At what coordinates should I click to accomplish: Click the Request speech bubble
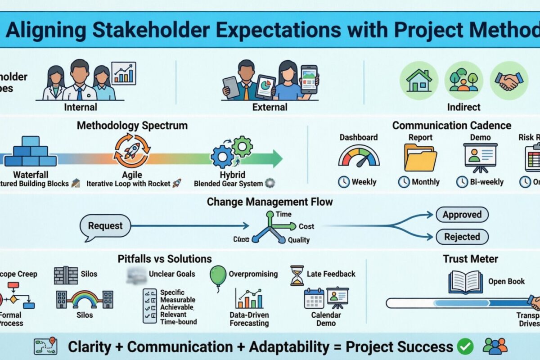tap(105, 226)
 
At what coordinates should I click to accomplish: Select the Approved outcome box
tap(462, 215)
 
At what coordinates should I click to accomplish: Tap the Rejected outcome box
tap(462, 237)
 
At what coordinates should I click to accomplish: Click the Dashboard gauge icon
tap(359, 157)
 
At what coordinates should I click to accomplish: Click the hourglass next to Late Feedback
tap(297, 275)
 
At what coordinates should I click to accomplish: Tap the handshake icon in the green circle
tap(509, 81)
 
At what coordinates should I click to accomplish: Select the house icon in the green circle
tap(418, 81)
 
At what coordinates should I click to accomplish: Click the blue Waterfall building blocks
tap(31, 152)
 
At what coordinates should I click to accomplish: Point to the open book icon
tap(465, 282)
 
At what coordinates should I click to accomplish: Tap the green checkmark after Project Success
tap(465, 346)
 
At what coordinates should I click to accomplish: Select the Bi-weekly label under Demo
tap(487, 182)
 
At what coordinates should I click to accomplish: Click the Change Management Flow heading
tap(270, 202)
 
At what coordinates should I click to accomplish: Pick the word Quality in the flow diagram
tap(298, 240)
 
